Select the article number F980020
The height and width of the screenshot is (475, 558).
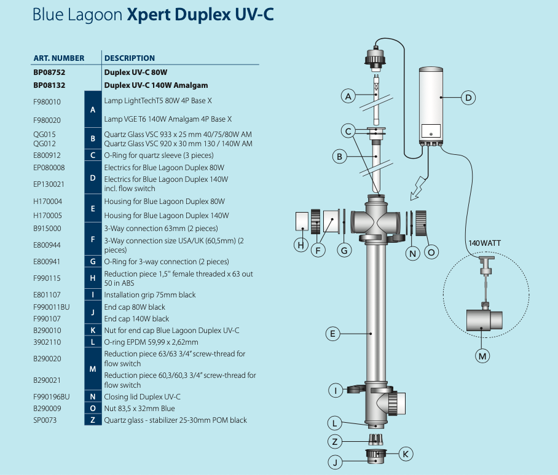coord(47,120)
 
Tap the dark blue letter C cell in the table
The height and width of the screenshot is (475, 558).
coord(93,155)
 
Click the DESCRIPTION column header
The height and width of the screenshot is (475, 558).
coord(129,58)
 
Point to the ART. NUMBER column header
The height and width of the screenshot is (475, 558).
coord(58,58)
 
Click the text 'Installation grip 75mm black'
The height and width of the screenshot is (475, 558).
coord(150,295)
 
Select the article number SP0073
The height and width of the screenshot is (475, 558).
coord(45,420)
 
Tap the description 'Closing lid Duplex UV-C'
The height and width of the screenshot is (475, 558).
coord(143,397)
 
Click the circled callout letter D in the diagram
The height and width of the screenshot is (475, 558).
coord(468,97)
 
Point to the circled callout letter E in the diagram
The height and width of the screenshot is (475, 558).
coord(332,334)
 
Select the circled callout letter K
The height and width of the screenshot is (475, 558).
coord(405,454)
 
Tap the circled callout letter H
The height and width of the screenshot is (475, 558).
coord(301,245)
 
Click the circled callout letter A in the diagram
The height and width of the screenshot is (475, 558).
coord(348,96)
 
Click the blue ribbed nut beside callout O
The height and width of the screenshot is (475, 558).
coord(421,222)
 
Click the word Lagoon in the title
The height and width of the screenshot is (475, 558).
coord(99,15)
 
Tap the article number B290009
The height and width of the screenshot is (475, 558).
coord(47,409)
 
